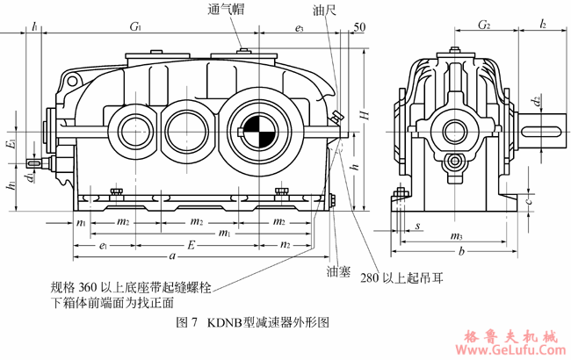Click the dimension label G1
pos(136,28)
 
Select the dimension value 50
pos(358,28)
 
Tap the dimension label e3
pos(299,28)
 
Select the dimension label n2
pos(285,245)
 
